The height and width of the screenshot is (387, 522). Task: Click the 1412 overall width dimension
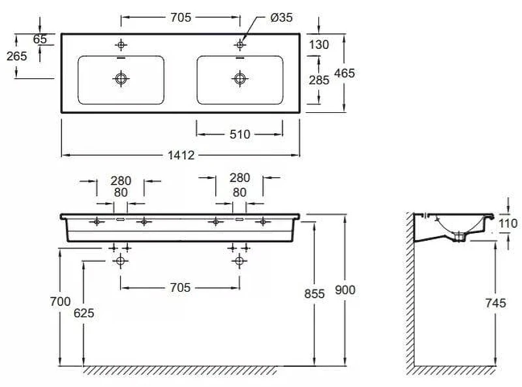(x=181, y=155)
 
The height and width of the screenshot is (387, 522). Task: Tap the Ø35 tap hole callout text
(x=281, y=18)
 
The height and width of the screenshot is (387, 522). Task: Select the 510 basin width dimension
(x=239, y=134)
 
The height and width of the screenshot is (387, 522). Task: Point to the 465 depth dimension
(x=345, y=73)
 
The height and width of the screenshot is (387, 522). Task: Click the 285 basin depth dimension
(x=319, y=80)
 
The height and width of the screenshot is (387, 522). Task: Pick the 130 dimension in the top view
(x=319, y=44)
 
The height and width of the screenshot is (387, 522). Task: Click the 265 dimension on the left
(x=17, y=56)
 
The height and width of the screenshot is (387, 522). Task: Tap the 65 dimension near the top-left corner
(x=40, y=39)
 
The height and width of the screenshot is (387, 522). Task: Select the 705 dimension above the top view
(x=181, y=18)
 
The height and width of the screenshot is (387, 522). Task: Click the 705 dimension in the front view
(x=180, y=287)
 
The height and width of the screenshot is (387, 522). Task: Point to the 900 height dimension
(x=345, y=290)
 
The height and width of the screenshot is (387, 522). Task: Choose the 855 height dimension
(x=315, y=294)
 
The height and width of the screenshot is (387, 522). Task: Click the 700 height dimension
(x=60, y=302)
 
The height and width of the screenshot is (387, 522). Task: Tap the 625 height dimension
(x=84, y=313)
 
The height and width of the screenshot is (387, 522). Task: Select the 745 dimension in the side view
(x=496, y=303)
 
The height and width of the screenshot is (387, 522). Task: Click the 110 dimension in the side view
(x=508, y=223)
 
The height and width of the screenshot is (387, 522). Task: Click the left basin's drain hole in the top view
(x=121, y=78)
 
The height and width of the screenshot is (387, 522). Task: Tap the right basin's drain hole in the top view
(x=239, y=78)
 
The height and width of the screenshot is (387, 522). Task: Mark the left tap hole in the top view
(x=121, y=44)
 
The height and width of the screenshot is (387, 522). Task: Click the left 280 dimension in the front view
(x=121, y=181)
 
